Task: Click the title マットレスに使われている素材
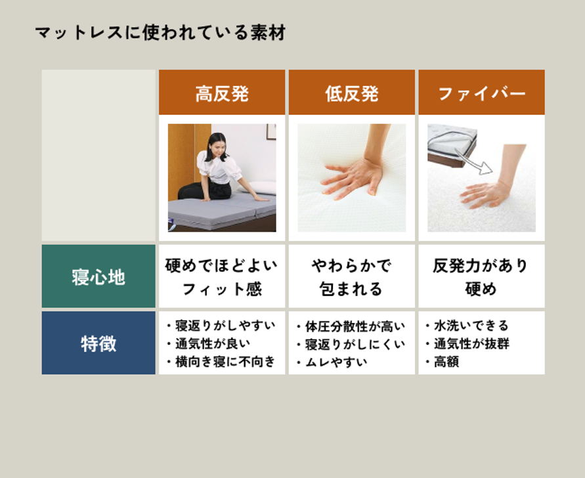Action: [160, 32]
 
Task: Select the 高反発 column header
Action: [222, 92]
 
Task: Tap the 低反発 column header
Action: [352, 92]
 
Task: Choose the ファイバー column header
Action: [482, 92]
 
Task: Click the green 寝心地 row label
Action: [98, 276]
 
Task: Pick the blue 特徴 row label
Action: [98, 343]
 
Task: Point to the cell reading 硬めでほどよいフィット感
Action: [222, 276]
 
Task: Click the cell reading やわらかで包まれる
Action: [351, 276]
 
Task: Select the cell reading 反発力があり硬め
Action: [481, 276]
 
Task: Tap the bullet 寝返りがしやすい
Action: [221, 326]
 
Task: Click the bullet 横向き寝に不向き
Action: [221, 362]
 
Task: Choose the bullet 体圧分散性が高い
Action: [351, 326]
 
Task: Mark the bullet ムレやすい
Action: [332, 362]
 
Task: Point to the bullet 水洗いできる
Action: [467, 326]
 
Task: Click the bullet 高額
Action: [443, 362]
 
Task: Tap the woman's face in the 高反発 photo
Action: [218, 147]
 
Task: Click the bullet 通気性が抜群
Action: [467, 343]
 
